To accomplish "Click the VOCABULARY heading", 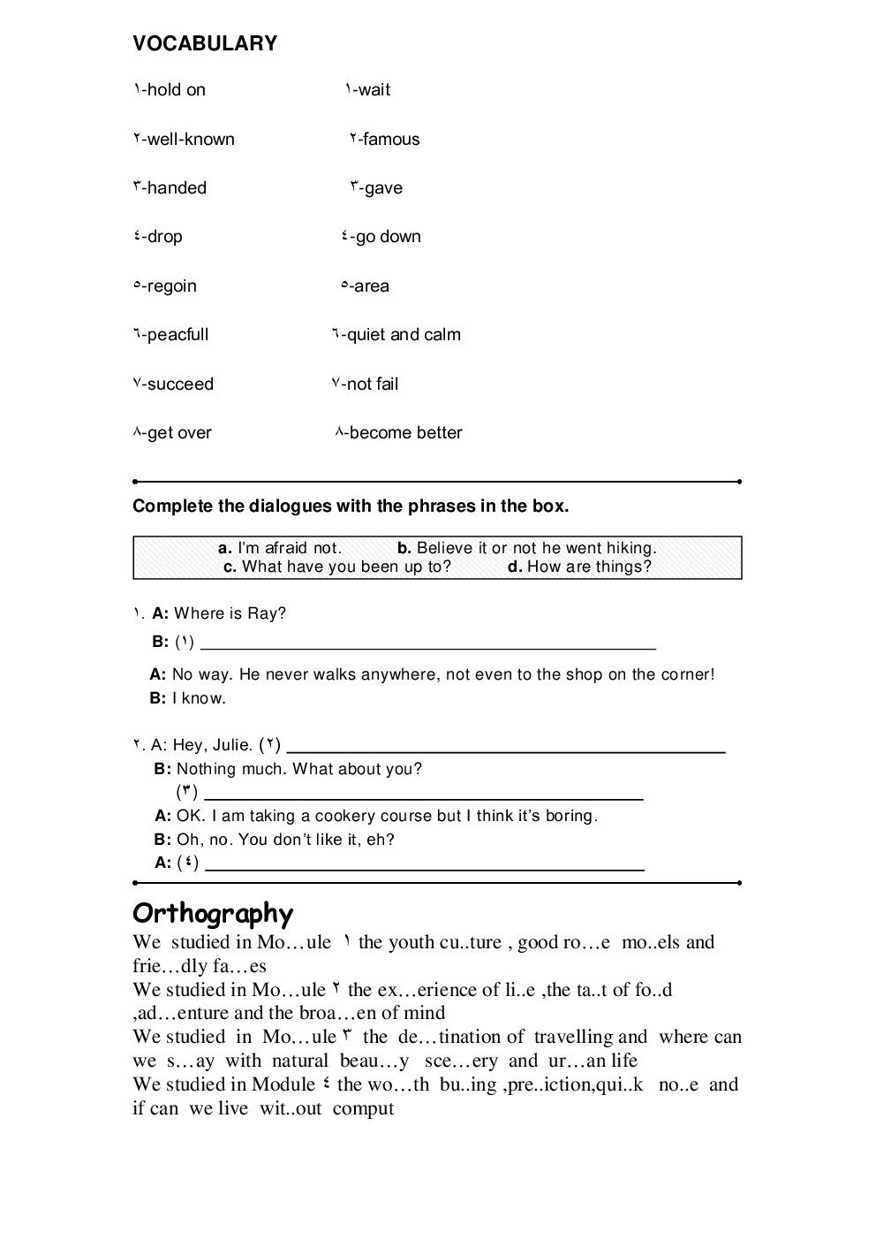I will pos(205,43).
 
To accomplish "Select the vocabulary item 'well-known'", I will pos(191,139).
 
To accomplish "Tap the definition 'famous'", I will pos(390,139).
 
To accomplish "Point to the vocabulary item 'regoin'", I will pos(171,285).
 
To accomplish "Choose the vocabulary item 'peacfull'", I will pos(177,334).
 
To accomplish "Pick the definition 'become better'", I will pos(405,432).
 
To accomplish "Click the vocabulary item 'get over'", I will pos(179,432).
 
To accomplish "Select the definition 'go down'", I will pos(388,236).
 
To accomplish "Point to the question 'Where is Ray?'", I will pos(230,613).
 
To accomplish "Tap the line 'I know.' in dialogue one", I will pos(199,698).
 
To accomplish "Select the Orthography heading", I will pos(213,913).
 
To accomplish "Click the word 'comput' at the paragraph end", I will pos(363,1108).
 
